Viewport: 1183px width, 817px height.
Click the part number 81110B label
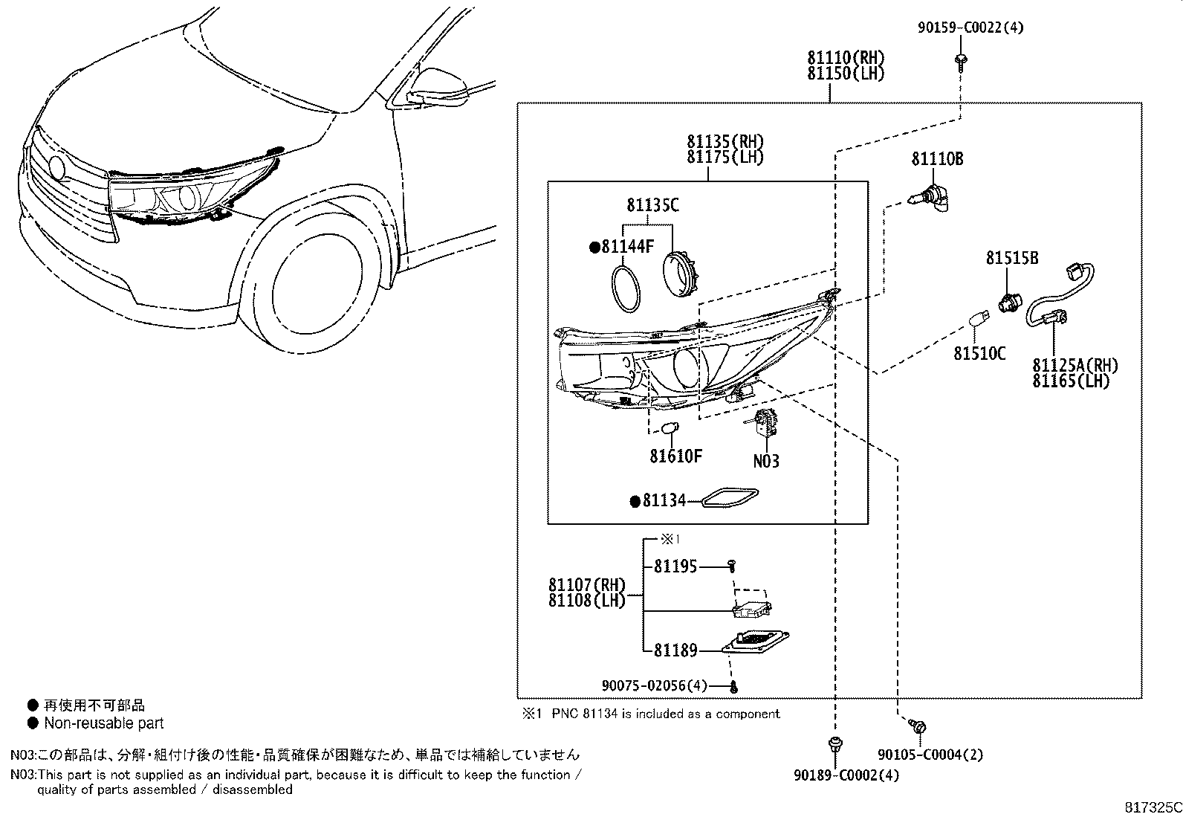937,158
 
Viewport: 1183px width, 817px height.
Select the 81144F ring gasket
626,291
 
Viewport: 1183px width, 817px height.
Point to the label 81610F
675,456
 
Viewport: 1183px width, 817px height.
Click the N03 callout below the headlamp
765,462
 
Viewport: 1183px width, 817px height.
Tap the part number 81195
675,566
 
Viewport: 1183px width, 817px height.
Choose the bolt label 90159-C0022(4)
969,28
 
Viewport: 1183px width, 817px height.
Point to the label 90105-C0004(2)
930,755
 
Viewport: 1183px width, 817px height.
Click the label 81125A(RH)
1075,365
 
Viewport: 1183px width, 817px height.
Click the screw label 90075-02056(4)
655,685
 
